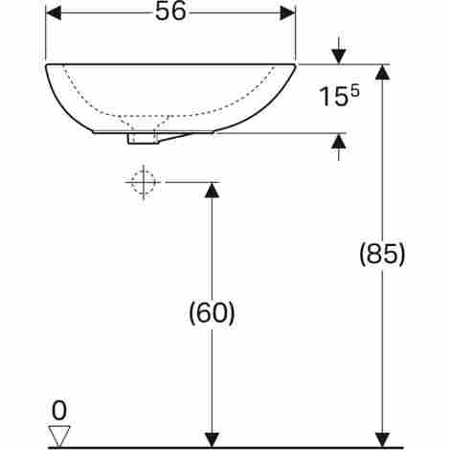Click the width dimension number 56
pos(170,12)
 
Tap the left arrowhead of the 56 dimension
pos(54,12)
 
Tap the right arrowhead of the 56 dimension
pos(287,12)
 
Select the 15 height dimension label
pos(333,97)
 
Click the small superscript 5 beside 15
pos(355,91)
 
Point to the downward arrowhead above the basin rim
pos(339,56)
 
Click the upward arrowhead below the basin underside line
pos(339,141)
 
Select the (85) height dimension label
pos(382,255)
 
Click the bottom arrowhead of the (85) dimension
pos(382,439)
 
